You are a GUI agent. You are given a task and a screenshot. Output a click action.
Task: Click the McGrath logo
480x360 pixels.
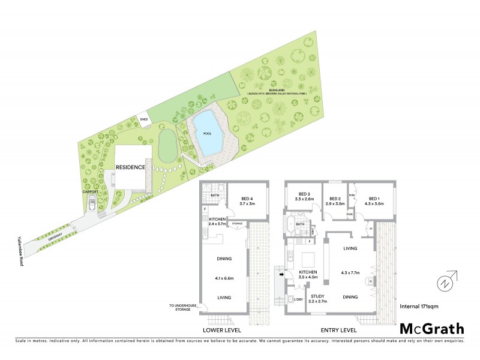431,328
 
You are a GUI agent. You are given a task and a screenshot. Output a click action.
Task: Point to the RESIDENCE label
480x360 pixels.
131,167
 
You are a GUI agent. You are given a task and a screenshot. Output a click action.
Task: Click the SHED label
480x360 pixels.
143,119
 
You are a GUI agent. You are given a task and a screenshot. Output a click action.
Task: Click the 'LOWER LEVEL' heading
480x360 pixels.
221,330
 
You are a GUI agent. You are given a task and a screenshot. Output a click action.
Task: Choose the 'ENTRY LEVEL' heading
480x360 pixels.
340,330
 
